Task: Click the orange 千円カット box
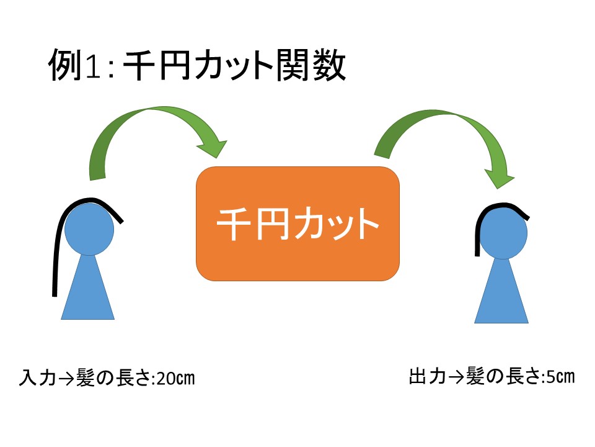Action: [x=297, y=223]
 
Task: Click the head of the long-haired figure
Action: [x=89, y=230]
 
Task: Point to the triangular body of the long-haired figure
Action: [x=88, y=292]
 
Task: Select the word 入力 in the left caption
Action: [x=35, y=377]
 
